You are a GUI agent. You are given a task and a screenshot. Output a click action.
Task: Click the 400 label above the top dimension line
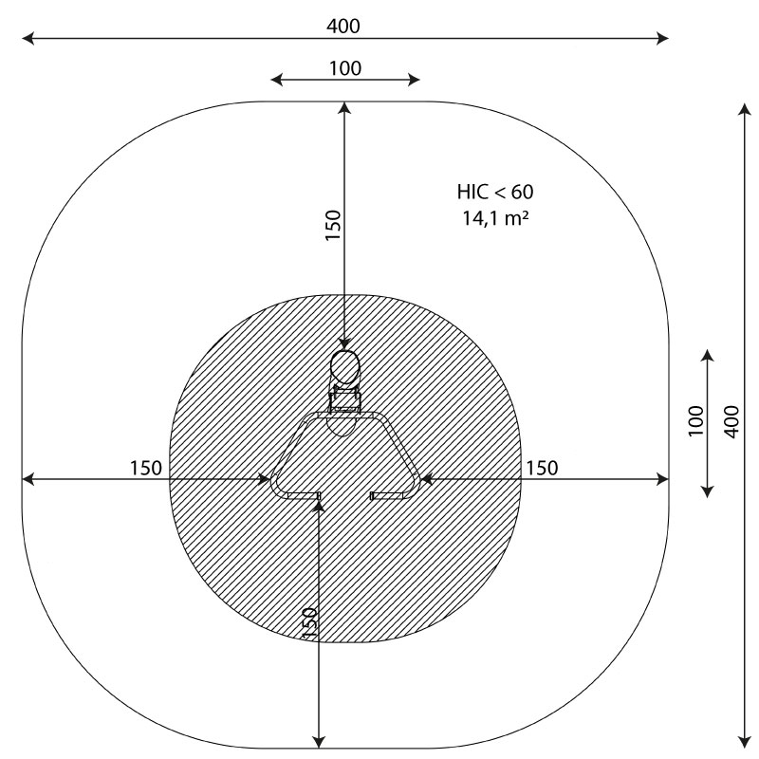[x=343, y=27]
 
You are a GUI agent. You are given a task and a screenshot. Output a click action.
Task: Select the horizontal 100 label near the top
[x=345, y=68]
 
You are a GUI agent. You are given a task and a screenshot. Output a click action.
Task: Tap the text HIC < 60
[x=495, y=192]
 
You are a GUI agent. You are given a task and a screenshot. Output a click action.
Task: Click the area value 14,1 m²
[x=495, y=218]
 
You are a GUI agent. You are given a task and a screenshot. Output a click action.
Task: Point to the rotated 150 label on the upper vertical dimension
[x=333, y=225]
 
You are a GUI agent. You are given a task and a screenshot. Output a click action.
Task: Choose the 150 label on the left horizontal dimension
[x=146, y=468]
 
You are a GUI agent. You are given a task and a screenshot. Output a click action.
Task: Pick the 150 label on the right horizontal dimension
[x=542, y=468]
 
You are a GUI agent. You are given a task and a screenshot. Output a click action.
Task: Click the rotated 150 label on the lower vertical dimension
[x=309, y=622]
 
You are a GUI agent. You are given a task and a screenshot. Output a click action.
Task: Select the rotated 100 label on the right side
[x=695, y=421]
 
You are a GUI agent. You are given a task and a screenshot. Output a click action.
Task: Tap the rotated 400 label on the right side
[x=731, y=422]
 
